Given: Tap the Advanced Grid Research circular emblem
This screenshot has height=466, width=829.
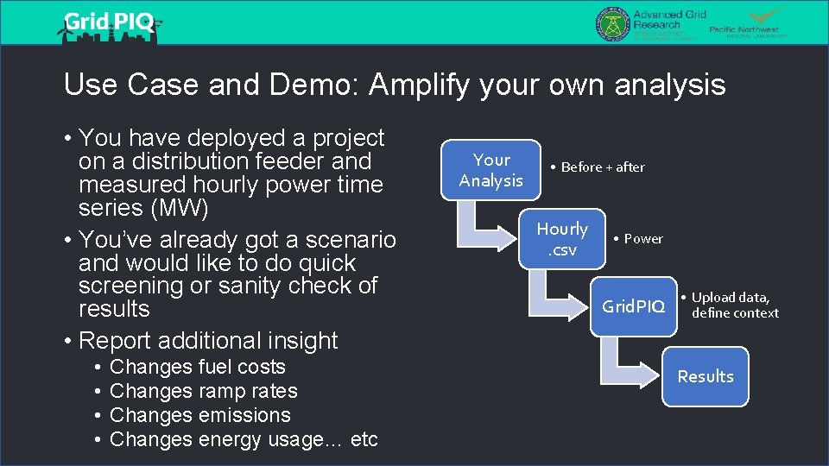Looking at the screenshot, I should click(x=611, y=23).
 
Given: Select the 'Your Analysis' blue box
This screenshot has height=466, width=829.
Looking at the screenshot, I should click(x=491, y=170).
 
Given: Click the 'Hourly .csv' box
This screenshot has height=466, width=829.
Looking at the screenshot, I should click(x=562, y=239).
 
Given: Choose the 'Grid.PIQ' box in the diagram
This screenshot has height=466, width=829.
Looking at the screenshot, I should click(x=634, y=306).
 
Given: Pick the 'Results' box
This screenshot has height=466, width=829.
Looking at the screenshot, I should click(x=705, y=376).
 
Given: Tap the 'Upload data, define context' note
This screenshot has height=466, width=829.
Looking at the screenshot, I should click(x=734, y=305).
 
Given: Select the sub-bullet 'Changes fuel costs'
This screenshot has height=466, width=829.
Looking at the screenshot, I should click(x=198, y=367).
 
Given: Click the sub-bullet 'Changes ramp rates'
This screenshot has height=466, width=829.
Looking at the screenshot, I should click(x=204, y=391).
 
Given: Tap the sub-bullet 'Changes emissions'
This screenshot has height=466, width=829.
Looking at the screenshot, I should click(x=200, y=415).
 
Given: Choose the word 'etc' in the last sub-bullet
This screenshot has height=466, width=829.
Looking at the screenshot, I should click(x=364, y=439).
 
